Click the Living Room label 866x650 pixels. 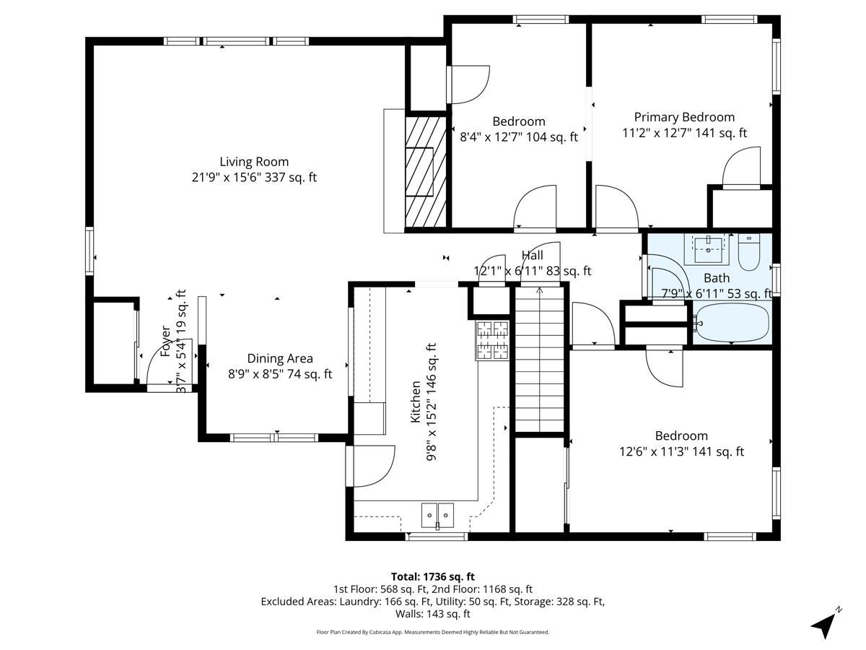(x=254, y=162)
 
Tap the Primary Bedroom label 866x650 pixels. (x=684, y=117)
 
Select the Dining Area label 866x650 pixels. (x=280, y=358)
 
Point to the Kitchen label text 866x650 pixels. (x=416, y=402)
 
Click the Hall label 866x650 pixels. (x=532, y=256)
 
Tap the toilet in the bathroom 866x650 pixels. (x=748, y=252)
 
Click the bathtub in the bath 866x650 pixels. (x=732, y=323)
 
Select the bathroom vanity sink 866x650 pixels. (x=709, y=249)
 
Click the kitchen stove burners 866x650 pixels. (x=492, y=340)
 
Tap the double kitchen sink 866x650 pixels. (x=437, y=515)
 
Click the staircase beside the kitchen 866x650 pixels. (x=539, y=359)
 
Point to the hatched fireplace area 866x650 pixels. (x=426, y=172)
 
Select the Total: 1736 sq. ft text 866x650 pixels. (x=433, y=576)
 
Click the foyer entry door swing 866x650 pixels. (x=170, y=363)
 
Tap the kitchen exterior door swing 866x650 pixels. (x=371, y=466)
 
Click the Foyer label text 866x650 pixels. (x=167, y=341)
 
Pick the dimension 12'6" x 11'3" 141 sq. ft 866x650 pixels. (x=681, y=451)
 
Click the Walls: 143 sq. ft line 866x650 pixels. (x=433, y=614)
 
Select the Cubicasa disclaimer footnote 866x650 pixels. (x=433, y=632)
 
